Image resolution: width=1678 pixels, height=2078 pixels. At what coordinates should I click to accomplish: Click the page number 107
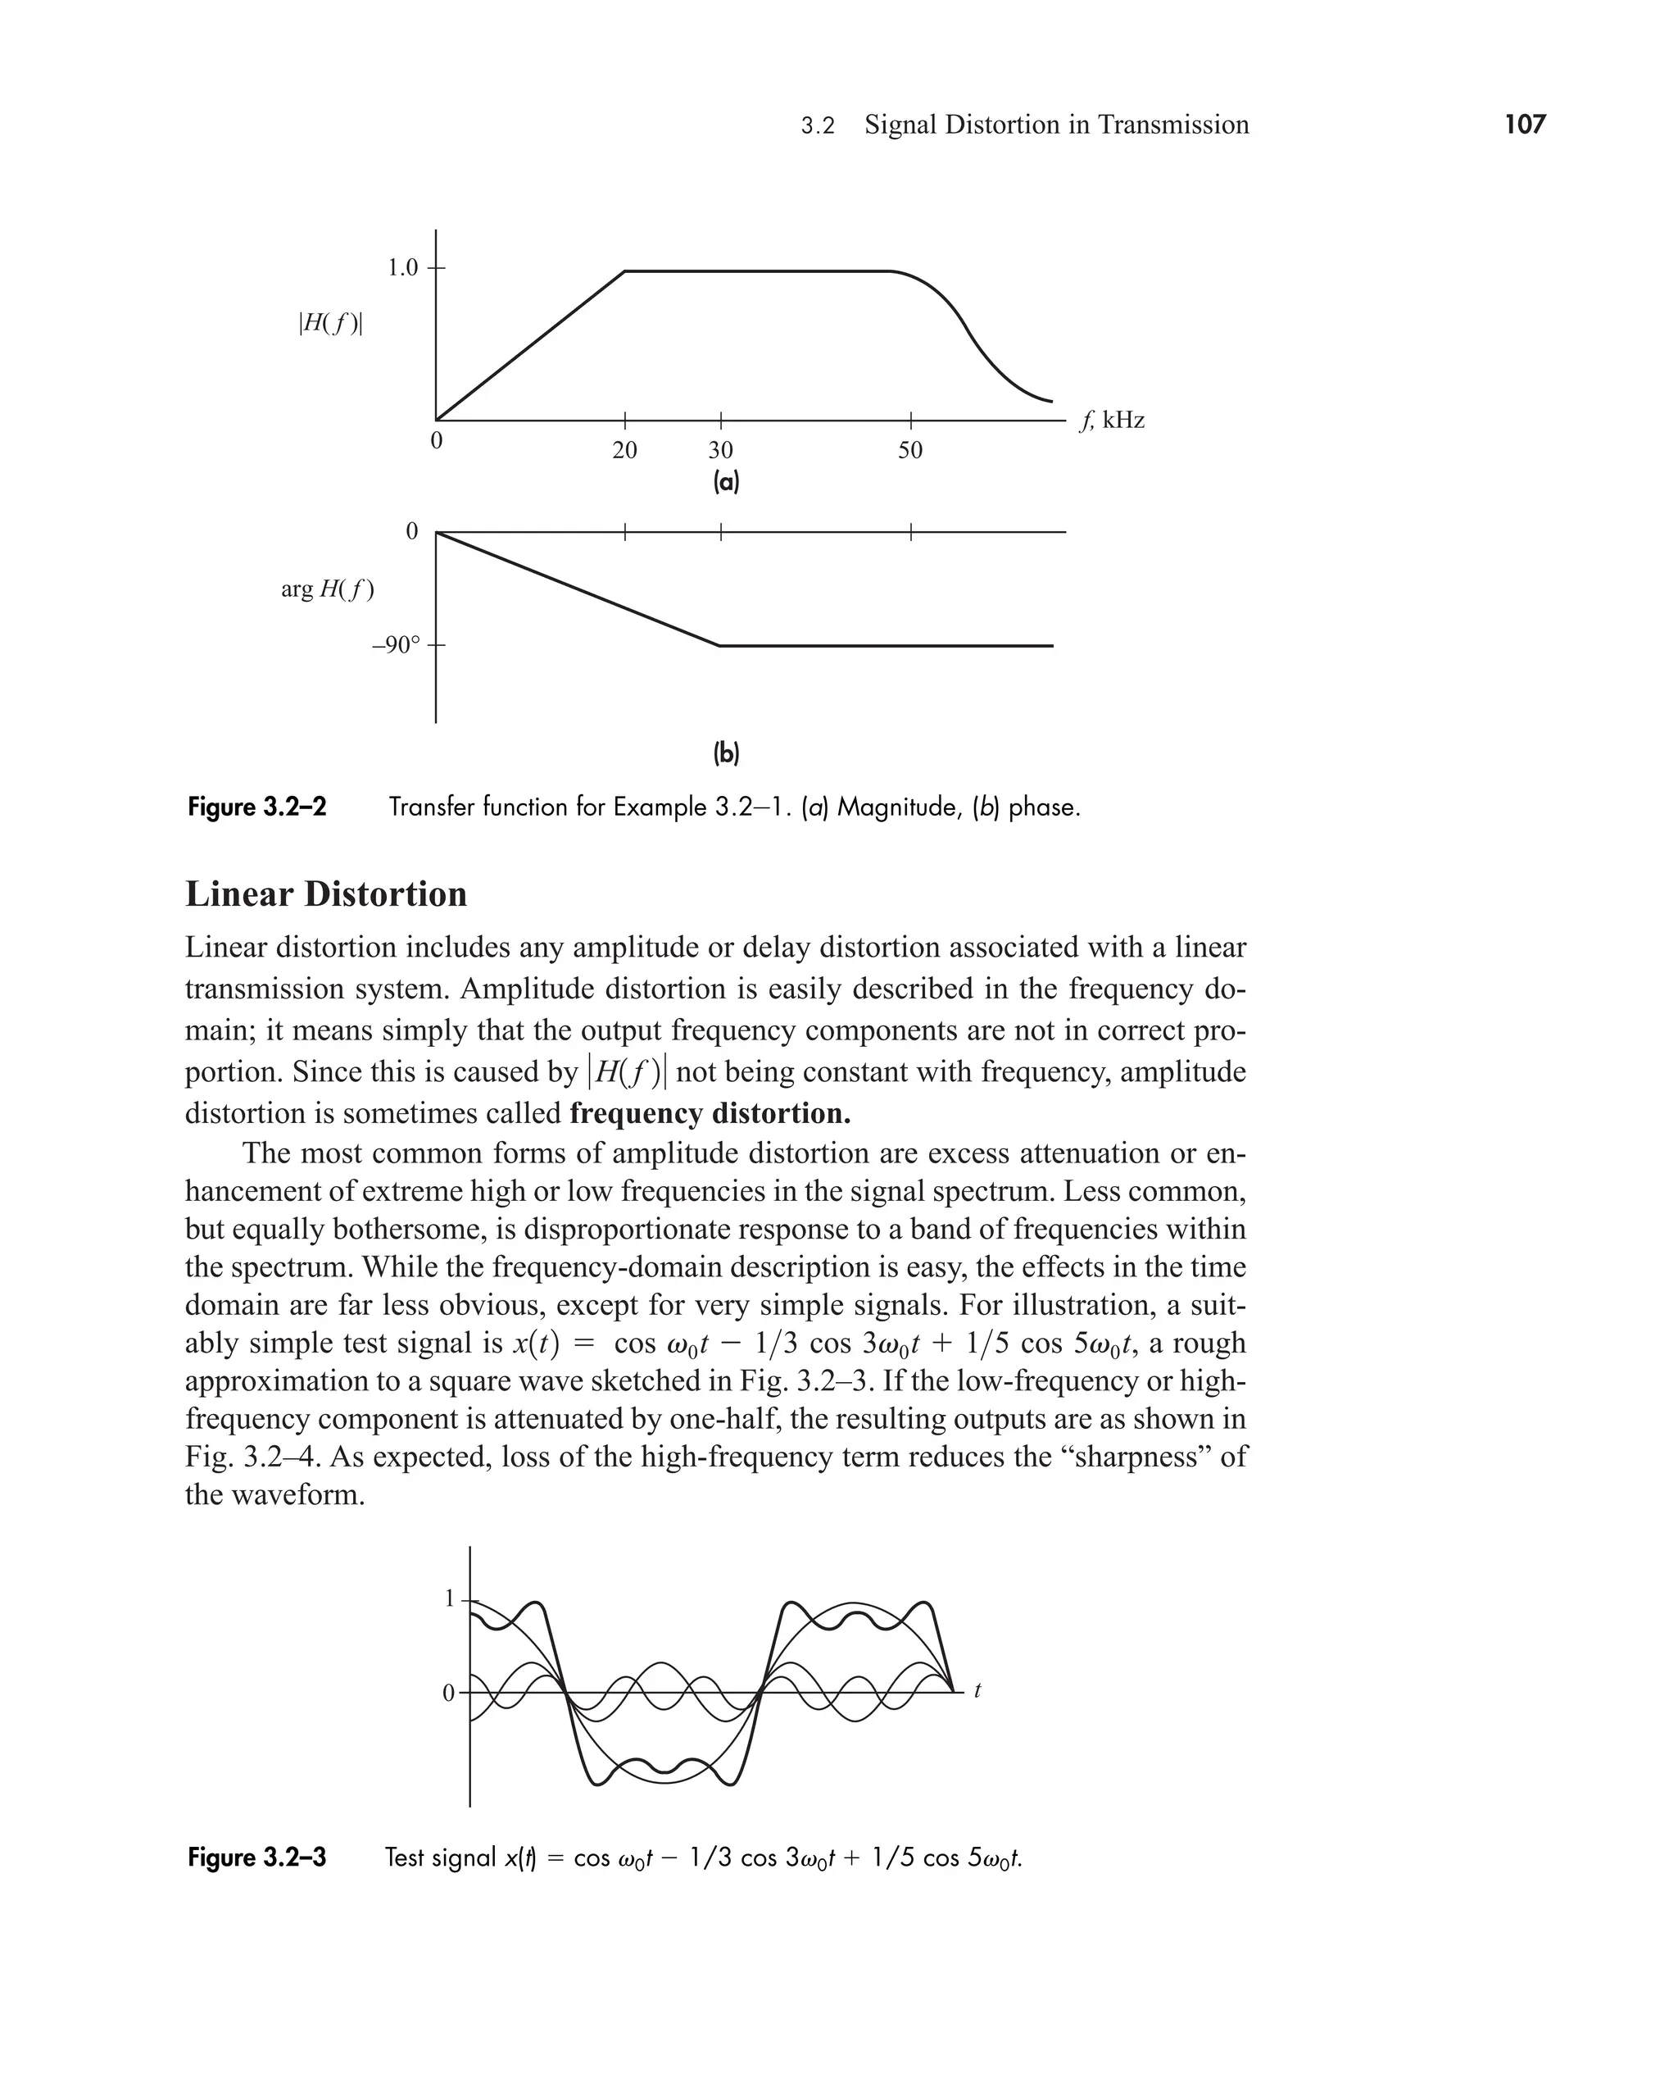coord(1524,125)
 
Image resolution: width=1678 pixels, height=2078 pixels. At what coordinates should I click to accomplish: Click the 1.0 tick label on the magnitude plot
coord(402,268)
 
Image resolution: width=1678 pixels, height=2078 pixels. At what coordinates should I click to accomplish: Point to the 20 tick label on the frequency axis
coord(624,451)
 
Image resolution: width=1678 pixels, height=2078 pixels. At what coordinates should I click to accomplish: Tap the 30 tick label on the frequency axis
coord(720,451)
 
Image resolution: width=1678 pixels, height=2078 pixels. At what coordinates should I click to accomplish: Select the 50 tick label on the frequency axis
coord(909,451)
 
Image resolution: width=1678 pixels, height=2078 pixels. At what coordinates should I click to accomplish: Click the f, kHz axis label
coord(1113,421)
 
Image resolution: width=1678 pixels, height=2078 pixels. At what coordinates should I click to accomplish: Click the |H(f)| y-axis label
coord(330,324)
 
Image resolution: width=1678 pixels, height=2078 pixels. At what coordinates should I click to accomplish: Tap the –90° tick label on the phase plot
coord(397,645)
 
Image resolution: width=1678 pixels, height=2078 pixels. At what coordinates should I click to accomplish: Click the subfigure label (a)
coord(725,483)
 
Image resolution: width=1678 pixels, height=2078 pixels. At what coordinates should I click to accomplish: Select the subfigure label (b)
coord(725,753)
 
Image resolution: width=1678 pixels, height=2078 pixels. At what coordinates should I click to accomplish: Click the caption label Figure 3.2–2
coord(257,807)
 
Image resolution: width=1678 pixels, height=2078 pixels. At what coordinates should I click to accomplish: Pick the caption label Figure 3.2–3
coord(257,1857)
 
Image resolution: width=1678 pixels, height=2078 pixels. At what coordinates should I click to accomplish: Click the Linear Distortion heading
coord(326,894)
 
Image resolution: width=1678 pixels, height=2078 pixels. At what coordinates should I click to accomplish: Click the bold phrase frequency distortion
coord(710,1113)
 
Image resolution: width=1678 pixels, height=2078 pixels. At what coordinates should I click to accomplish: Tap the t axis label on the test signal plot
coord(977,1691)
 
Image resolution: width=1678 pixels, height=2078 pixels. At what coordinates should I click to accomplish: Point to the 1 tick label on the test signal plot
coord(448,1599)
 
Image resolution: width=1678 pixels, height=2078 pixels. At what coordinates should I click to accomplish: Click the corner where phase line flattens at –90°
coord(719,645)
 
